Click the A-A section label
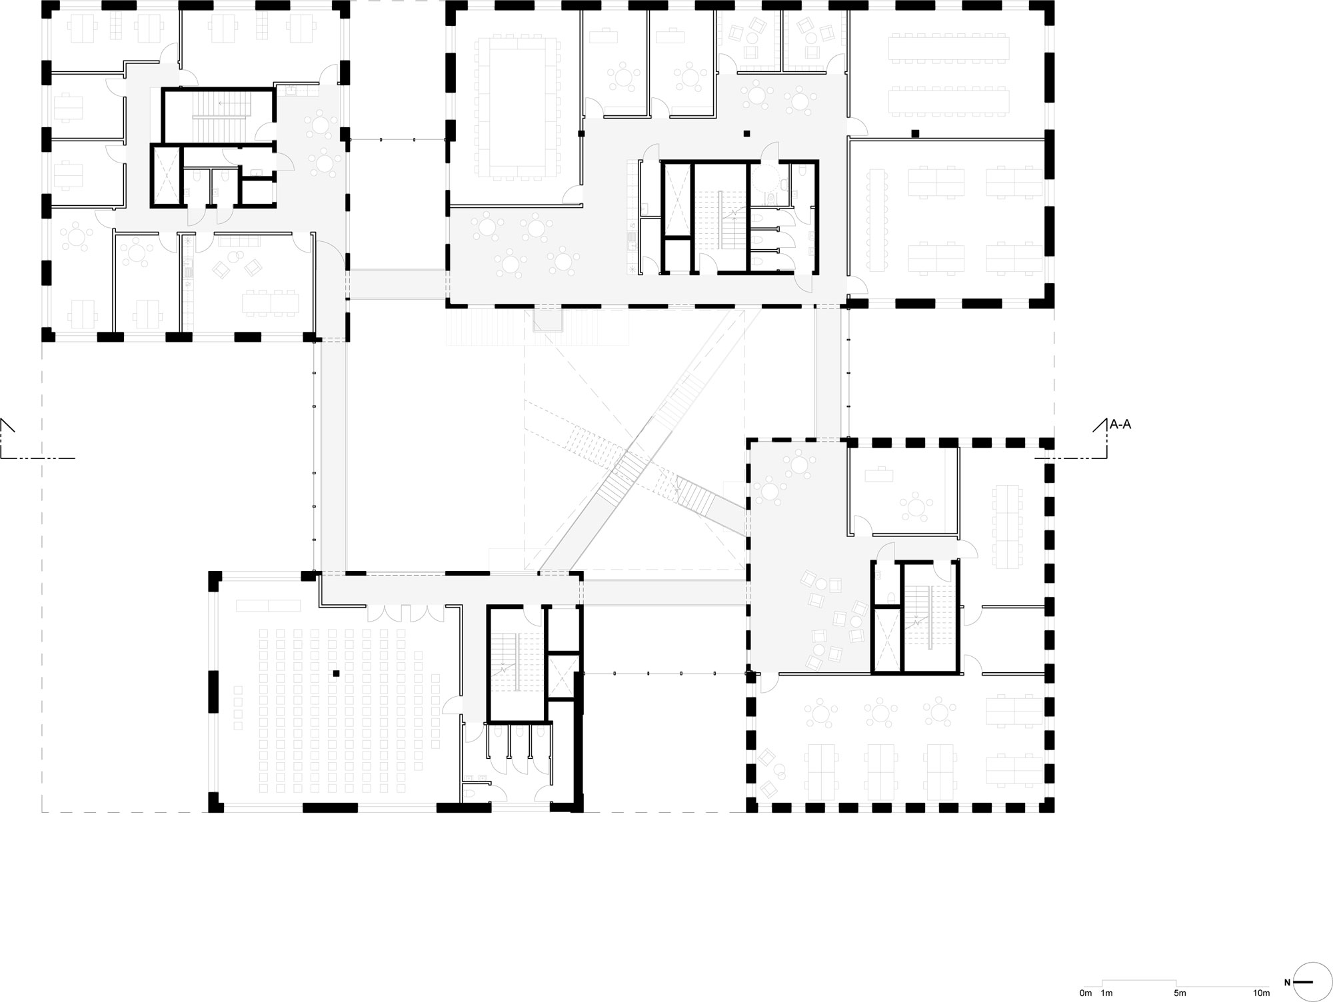point(1120,424)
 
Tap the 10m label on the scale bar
point(1260,993)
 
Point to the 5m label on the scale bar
point(1180,993)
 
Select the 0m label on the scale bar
point(1086,993)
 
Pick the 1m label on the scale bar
point(1107,993)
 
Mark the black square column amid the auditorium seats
point(337,674)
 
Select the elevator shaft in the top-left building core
point(166,176)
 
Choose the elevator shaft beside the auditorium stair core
point(561,676)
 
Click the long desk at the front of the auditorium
point(268,606)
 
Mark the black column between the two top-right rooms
point(915,133)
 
